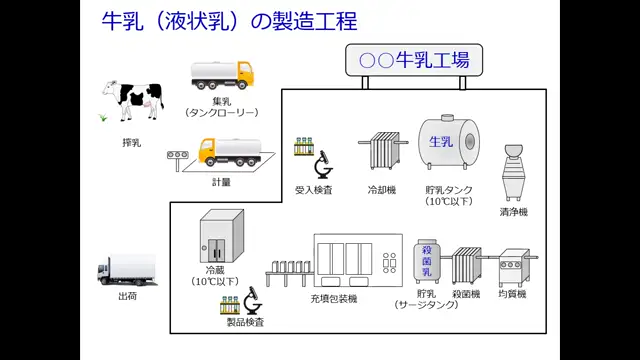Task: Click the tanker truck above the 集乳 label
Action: tap(222, 75)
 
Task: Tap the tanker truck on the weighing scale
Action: tap(229, 150)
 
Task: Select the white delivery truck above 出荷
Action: tap(126, 270)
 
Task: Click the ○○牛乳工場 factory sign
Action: tap(413, 59)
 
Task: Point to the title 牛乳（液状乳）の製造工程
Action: tap(229, 21)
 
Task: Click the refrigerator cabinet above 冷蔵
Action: tap(222, 236)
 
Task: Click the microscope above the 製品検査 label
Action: tap(252, 301)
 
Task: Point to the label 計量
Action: tap(221, 182)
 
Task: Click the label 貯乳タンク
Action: tap(449, 190)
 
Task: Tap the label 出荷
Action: tap(127, 296)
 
